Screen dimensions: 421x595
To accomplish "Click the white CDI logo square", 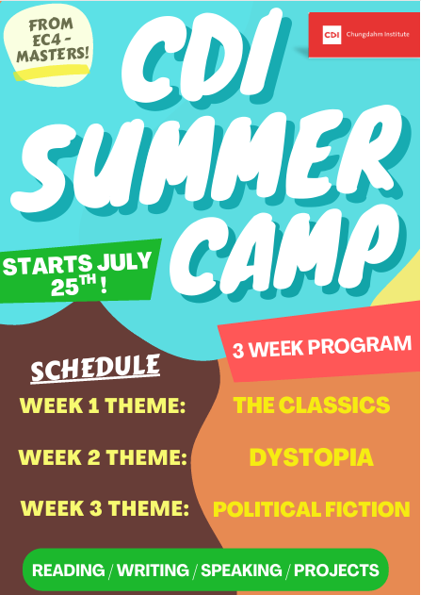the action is [x=332, y=35].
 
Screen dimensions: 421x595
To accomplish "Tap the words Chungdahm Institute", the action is [x=378, y=35].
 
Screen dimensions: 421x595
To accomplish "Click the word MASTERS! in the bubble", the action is [x=53, y=55].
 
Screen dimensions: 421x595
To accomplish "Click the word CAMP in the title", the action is [x=283, y=252].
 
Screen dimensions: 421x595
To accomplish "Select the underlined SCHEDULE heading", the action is [x=95, y=370].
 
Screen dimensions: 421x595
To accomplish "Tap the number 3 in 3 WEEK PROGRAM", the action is [x=238, y=351].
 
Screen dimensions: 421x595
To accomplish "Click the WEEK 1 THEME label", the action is [x=103, y=406].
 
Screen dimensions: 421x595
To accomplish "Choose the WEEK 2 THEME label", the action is [x=103, y=457].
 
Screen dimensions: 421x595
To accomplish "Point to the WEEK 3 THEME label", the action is [x=105, y=508].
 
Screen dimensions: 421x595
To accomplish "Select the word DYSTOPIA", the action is [x=311, y=457].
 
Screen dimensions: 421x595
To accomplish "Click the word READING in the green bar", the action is [x=68, y=570].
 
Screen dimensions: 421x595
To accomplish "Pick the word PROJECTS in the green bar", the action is [x=336, y=570].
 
